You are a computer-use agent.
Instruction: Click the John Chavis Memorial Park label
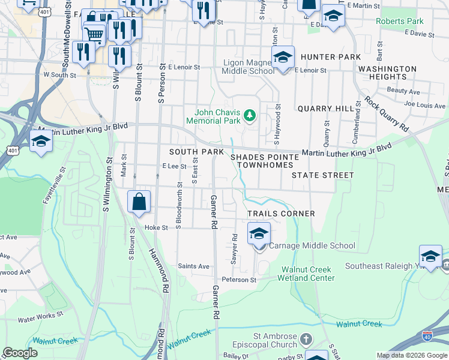pos(218,116)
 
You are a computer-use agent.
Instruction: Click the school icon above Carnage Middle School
pos(259,233)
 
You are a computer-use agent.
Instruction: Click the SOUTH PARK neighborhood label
pos(196,152)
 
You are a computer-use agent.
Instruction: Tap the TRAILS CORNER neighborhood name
pos(282,214)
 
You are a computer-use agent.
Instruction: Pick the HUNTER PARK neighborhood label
pos(331,57)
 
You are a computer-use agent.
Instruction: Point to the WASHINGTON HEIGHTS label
pos(387,73)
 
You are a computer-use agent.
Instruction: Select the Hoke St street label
pos(155,227)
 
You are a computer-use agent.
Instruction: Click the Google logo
pos(20,352)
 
